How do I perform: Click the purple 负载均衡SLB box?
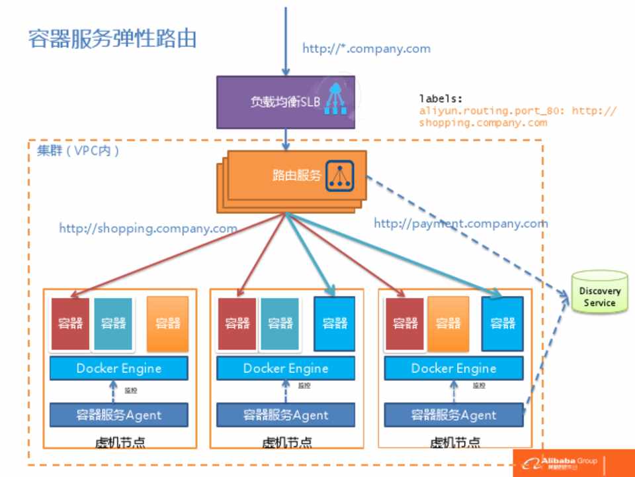click(x=285, y=102)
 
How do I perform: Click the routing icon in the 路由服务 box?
click(x=340, y=176)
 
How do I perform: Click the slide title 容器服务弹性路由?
click(x=112, y=38)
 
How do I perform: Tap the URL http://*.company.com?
click(x=366, y=48)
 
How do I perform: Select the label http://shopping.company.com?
click(x=148, y=229)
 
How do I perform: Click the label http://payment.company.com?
click(x=460, y=223)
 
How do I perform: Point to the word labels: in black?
click(x=441, y=99)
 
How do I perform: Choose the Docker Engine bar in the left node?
click(x=119, y=368)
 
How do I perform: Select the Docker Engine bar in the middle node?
click(x=286, y=368)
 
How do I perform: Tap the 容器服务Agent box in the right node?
click(x=453, y=415)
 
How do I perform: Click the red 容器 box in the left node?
click(x=70, y=323)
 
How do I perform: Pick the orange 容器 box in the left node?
click(x=168, y=323)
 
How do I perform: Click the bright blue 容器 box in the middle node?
click(x=335, y=323)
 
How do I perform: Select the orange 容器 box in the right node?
click(x=448, y=323)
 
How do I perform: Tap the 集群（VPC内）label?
click(x=78, y=150)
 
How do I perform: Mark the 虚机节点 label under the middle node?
click(x=286, y=442)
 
